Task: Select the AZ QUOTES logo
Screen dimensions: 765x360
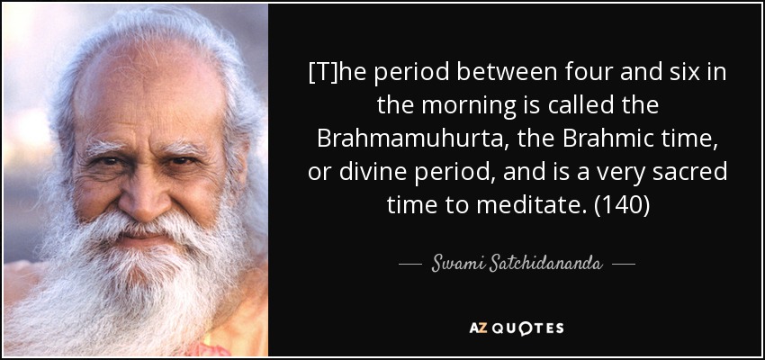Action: pos(517,328)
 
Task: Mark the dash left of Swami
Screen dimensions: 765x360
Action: pos(410,265)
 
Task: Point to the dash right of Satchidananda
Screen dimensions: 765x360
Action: pos(624,265)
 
